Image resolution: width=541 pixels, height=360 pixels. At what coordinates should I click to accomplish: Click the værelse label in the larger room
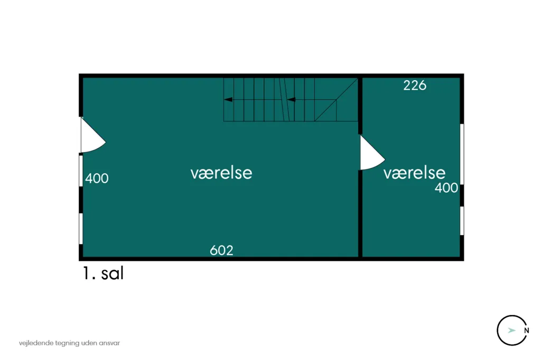[x=221, y=173]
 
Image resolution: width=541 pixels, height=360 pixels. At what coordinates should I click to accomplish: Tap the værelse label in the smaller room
[x=414, y=173]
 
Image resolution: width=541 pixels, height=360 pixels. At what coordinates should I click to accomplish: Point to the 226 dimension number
[x=415, y=86]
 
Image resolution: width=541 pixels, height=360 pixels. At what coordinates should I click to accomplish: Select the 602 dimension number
[x=221, y=250]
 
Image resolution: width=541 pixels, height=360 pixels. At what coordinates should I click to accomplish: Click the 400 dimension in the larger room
[x=97, y=178]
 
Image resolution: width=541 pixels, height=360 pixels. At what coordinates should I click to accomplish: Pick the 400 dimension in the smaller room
[x=446, y=187]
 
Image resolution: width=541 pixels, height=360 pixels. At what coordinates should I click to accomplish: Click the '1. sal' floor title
[x=103, y=273]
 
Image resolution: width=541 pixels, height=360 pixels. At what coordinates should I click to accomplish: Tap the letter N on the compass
[x=527, y=330]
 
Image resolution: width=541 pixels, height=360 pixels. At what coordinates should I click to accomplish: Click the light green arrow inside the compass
[x=511, y=330]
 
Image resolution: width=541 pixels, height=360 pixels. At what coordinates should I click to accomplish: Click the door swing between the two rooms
[x=371, y=153]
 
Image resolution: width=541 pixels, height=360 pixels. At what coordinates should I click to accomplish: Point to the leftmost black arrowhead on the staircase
[x=228, y=100]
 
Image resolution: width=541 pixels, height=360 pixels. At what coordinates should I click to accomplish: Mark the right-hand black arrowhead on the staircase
[x=291, y=100]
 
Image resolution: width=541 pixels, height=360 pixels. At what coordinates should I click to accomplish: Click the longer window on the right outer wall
[x=462, y=154]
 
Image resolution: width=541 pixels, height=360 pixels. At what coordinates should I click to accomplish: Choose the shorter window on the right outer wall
[x=462, y=221]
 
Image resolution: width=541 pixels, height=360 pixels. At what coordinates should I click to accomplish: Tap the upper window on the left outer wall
[x=81, y=171]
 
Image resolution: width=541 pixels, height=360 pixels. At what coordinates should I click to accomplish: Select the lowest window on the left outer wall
[x=81, y=229]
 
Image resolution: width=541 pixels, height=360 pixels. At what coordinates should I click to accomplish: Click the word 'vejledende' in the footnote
[x=36, y=343]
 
